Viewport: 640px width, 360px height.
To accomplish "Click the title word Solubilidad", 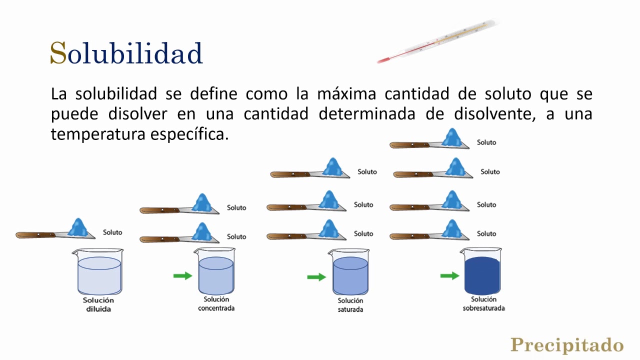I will [126, 53].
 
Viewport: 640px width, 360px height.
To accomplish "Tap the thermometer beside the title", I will [438, 41].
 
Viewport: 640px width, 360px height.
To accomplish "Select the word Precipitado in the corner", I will [567, 345].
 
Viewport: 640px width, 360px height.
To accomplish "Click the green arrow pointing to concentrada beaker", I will [182, 275].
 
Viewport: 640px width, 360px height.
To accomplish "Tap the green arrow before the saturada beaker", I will [316, 276].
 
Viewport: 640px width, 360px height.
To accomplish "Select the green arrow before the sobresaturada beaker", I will [450, 275].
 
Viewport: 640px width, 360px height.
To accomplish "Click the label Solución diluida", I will [98, 304].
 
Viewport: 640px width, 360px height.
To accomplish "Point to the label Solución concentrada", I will [216, 304].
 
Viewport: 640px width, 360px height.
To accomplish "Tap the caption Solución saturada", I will [350, 305].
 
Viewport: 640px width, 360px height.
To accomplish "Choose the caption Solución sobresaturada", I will [483, 304].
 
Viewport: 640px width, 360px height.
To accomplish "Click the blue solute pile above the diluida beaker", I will [78, 228].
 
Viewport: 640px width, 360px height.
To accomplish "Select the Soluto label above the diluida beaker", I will [112, 232].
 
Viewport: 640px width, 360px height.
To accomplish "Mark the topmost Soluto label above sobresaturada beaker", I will [486, 142].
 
